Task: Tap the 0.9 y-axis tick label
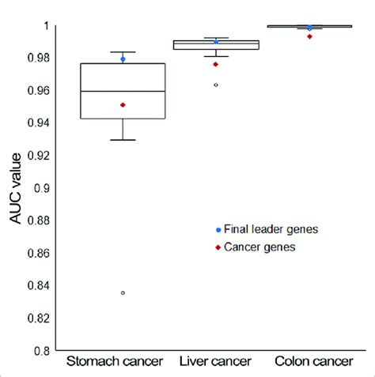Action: pos(44,188)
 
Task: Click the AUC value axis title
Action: pos(17,188)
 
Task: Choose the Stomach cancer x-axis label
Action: pos(114,362)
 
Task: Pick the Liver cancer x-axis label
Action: pos(215,362)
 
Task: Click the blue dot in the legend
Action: pos(218,229)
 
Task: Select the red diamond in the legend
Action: pos(218,248)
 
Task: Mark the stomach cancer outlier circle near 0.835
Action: pos(123,292)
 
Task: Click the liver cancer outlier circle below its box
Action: pos(216,85)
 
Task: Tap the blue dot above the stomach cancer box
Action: pos(123,59)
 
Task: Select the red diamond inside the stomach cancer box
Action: pos(123,105)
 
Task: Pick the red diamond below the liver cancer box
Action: pos(216,64)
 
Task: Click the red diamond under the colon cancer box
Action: pos(309,36)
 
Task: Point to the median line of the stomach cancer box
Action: pos(123,92)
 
